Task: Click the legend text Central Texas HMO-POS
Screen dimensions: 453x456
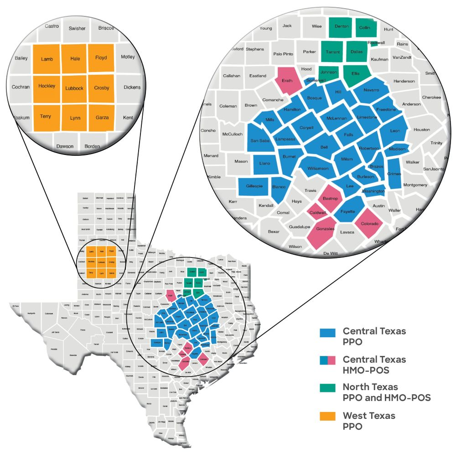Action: tap(374, 365)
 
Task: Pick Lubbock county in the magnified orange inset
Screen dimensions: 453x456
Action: tap(74, 88)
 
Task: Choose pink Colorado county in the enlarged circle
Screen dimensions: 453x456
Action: tap(369, 224)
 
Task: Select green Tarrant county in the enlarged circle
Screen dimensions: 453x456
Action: tap(333, 52)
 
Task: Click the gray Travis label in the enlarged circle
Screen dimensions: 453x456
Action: tap(310, 190)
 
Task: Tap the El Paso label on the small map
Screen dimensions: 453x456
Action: tap(16, 306)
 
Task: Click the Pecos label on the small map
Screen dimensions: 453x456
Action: tap(83, 329)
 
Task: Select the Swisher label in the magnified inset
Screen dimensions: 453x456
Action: tap(77, 28)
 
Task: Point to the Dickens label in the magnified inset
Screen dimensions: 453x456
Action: tap(132, 88)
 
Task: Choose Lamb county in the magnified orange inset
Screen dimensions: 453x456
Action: tap(47, 59)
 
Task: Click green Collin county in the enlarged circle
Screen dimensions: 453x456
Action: tap(365, 27)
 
